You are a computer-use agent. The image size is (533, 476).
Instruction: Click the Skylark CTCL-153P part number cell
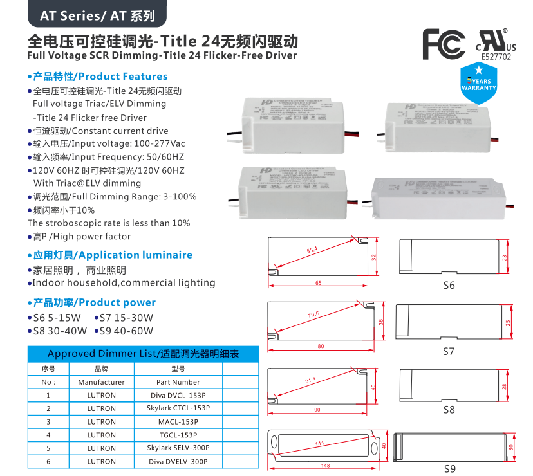[178, 408]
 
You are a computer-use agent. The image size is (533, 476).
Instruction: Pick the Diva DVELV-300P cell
[178, 462]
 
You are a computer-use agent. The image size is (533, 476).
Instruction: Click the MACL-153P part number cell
[178, 422]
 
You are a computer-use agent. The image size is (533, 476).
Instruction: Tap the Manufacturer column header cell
[101, 382]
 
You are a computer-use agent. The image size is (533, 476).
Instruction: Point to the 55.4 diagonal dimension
[313, 250]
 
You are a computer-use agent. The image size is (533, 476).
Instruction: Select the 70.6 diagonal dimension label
[313, 315]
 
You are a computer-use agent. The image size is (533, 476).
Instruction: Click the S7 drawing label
[449, 352]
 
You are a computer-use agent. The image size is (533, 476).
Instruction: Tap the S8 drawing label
[449, 409]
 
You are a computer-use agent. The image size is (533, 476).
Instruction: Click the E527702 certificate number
[496, 57]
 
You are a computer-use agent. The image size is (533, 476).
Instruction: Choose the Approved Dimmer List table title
[143, 354]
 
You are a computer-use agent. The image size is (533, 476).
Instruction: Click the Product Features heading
[100, 76]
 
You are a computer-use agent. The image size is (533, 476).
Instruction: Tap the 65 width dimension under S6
[319, 283]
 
